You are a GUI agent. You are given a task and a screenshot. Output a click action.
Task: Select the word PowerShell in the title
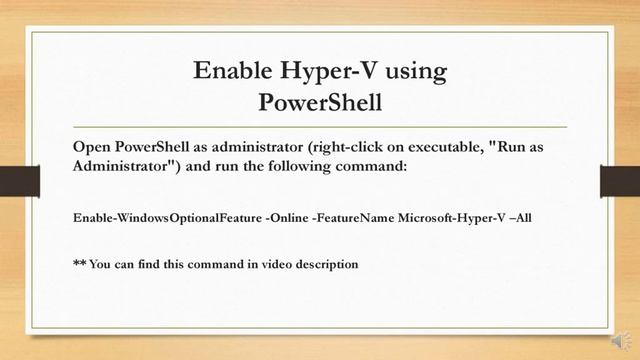click(320, 102)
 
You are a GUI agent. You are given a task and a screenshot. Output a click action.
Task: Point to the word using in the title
click(412, 72)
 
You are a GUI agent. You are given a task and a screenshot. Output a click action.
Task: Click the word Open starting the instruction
click(93, 146)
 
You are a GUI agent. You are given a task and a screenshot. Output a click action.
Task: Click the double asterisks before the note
click(80, 264)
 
